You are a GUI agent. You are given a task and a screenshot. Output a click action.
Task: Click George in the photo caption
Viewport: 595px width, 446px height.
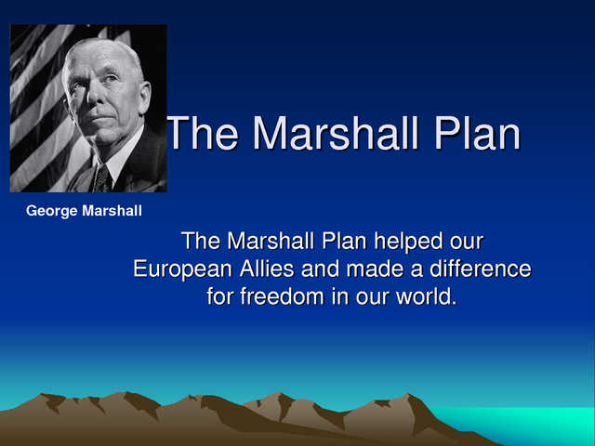(52, 211)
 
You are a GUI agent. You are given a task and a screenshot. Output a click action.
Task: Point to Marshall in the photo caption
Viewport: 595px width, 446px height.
(112, 211)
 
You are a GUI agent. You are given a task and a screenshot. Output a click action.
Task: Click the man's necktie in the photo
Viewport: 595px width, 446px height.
(101, 177)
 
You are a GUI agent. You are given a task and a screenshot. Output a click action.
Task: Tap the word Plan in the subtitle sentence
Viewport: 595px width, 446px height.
(342, 242)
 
